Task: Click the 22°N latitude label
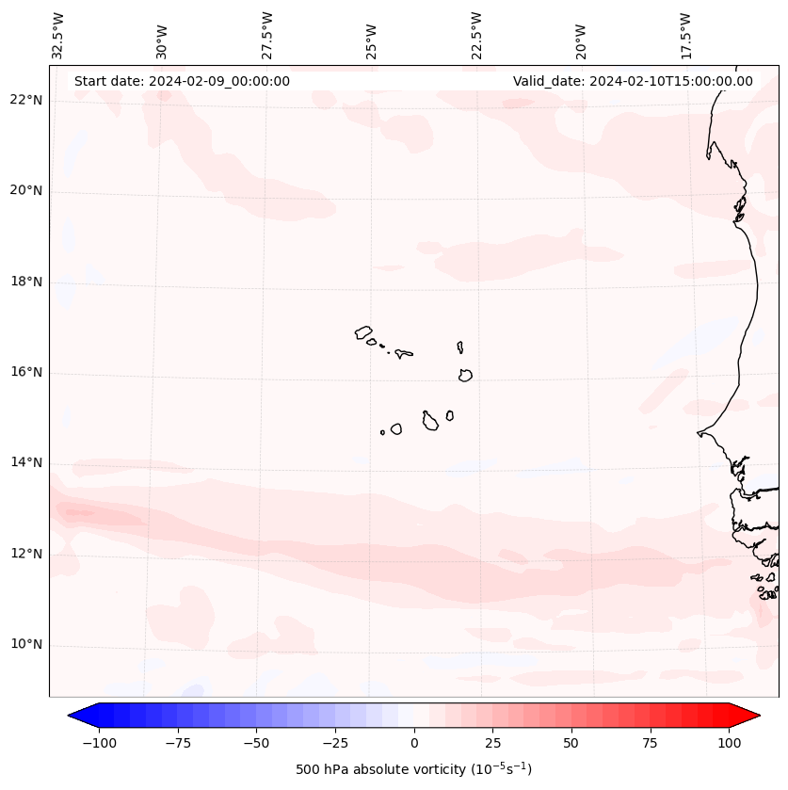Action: tap(26, 100)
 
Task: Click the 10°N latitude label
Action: tap(26, 644)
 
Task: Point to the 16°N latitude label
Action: tap(26, 372)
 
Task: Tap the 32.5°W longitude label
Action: tap(58, 35)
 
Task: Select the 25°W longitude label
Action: tap(372, 39)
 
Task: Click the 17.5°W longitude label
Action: tap(685, 35)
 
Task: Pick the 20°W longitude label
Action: tap(581, 39)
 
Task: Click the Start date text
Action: tap(182, 81)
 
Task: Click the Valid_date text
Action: tap(633, 81)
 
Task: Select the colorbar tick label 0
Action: tap(414, 743)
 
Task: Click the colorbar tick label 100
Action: tap(730, 743)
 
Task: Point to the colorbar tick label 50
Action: tap(571, 743)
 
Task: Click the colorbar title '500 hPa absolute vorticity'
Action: tap(413, 769)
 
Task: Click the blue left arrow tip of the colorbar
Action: tap(72, 717)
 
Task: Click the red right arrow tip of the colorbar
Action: tap(757, 717)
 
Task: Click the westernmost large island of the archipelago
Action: tap(364, 331)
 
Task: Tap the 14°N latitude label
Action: tap(26, 462)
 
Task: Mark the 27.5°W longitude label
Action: tap(267, 35)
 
